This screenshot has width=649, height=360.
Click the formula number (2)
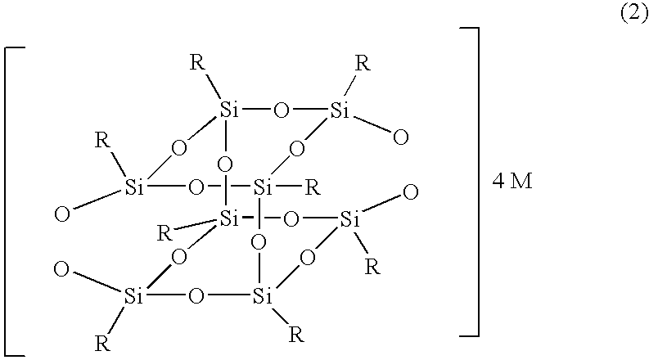pyautogui.click(x=633, y=15)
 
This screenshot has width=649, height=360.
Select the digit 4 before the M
pyautogui.click(x=498, y=182)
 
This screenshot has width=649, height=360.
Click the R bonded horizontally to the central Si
pyautogui.click(x=311, y=187)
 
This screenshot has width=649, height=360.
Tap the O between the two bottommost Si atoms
pyautogui.click(x=195, y=295)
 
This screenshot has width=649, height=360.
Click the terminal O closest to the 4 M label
pyautogui.click(x=411, y=193)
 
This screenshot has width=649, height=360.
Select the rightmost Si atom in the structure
pyautogui.click(x=350, y=218)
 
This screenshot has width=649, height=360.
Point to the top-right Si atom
pyautogui.click(x=341, y=110)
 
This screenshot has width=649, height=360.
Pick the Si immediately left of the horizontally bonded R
pyautogui.click(x=263, y=187)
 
